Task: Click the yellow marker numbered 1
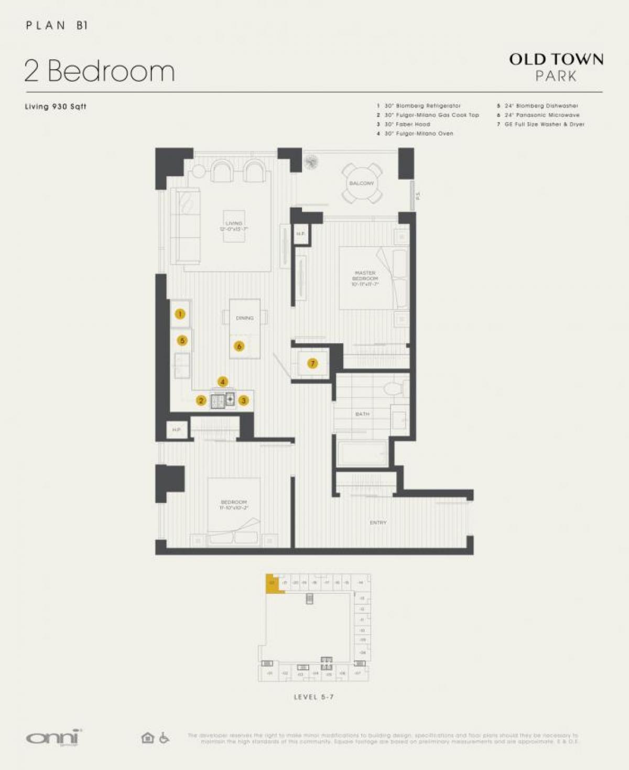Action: pos(180,314)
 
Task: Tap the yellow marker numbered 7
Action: pos(312,363)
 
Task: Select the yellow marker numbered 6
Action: pos(239,346)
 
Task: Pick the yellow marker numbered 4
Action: pos(223,382)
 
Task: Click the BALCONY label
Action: pos(362,183)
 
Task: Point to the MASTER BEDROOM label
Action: pos(365,278)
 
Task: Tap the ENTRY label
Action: pos(378,523)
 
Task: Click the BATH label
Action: pos(362,414)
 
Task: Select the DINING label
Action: pos(244,318)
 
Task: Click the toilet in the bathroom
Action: pos(393,388)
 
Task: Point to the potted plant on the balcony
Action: pos(312,162)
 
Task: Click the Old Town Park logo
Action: pos(556,67)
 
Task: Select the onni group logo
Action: pos(54,738)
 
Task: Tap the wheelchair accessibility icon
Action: pos(164,738)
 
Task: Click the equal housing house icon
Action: pos(148,738)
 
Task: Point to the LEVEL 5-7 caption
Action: pos(313,697)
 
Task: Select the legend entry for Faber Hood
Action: pos(407,124)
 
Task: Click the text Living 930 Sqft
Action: pos(56,106)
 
